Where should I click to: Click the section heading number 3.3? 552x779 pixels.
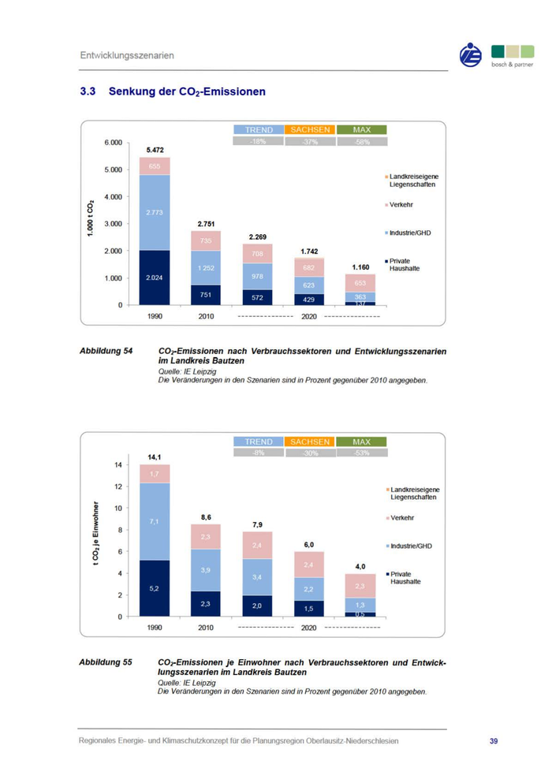click(88, 91)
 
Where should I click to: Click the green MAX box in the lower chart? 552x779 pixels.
click(361, 442)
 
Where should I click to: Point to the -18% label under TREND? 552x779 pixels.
click(257, 141)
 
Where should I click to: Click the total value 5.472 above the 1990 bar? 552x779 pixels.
click(155, 150)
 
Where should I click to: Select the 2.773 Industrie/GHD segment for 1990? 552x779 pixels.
click(155, 213)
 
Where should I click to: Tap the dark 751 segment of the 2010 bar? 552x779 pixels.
click(205, 295)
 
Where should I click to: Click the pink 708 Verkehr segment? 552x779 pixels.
click(257, 254)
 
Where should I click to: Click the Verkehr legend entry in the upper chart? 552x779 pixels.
click(401, 205)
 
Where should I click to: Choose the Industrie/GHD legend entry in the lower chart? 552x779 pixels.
click(411, 546)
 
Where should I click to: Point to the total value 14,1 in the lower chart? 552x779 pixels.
click(155, 457)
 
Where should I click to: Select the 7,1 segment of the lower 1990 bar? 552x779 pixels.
click(155, 521)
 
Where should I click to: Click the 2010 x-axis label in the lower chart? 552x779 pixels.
click(205, 628)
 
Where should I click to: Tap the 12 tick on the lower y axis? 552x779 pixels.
click(118, 486)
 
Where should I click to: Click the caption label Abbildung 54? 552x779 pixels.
click(106, 349)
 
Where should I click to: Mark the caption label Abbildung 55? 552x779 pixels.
click(106, 662)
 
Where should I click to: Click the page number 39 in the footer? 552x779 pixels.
click(494, 741)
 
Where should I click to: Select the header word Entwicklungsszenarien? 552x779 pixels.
click(126, 55)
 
